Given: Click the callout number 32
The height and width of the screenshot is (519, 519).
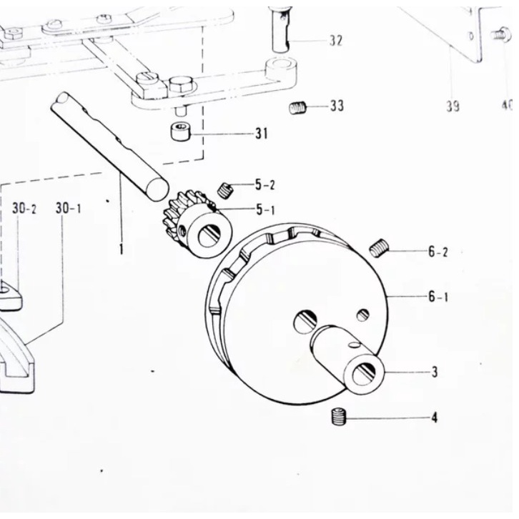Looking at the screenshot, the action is click(335, 41).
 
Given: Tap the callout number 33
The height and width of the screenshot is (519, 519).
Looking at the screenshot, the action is click(337, 106).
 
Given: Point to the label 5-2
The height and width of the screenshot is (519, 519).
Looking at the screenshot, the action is click(265, 186).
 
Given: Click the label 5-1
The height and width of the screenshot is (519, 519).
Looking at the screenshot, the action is click(265, 210).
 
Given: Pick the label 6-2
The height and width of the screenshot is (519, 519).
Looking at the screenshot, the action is click(438, 252).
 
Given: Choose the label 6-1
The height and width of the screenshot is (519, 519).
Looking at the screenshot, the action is click(438, 296).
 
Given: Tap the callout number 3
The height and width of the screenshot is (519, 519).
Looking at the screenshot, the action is click(434, 372).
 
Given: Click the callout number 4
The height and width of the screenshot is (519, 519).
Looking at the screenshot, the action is click(434, 417).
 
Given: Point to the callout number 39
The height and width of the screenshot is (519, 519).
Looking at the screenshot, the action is click(452, 107).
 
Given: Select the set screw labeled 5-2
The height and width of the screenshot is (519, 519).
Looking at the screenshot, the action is click(227, 189).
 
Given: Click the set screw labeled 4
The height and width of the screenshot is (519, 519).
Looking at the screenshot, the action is click(340, 417).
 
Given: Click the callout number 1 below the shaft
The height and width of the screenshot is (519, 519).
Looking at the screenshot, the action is click(122, 249).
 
